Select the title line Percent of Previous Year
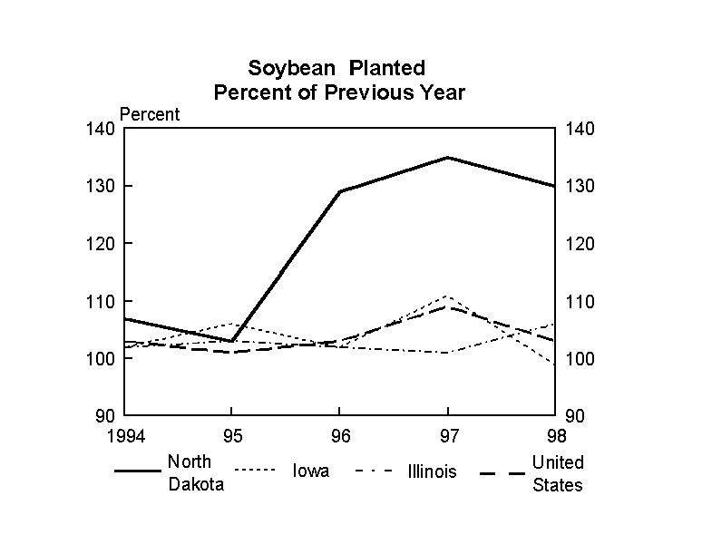click(338, 92)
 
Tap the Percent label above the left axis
click(151, 114)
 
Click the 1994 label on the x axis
click(123, 433)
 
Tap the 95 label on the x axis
click(231, 433)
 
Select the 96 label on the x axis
click(339, 433)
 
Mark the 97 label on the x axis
click(448, 433)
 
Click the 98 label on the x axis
click(555, 433)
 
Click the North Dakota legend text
click(195, 472)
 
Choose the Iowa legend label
click(310, 471)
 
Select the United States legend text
click(558, 473)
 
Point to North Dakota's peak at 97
click(448, 158)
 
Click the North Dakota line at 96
click(339, 191)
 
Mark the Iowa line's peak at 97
click(448, 296)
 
